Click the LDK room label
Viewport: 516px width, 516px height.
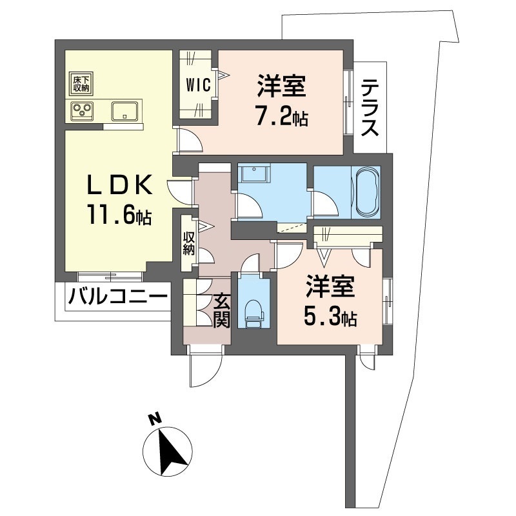pos(119,184)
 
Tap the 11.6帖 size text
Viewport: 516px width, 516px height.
pos(119,214)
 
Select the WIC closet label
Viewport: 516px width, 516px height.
pos(198,86)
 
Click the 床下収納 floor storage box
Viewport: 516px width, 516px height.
pos(81,83)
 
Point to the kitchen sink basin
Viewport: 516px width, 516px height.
pos(124,111)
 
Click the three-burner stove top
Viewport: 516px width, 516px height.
pos(82,110)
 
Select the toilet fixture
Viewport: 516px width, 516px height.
pos(253,313)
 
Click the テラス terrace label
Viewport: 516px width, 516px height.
pos(370,108)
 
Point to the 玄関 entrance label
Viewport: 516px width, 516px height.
pos(221,310)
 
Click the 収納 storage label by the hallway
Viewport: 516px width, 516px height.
pos(188,243)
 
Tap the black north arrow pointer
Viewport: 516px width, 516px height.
pos(171,450)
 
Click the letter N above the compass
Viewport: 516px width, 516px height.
pos(155,419)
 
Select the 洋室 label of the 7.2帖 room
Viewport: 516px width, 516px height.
pos(282,86)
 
